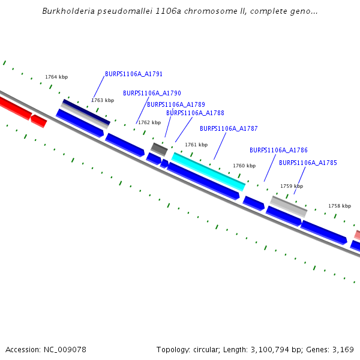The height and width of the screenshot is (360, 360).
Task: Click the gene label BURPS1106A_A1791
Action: tap(134, 74)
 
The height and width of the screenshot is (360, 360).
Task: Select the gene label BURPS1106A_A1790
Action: tap(152, 94)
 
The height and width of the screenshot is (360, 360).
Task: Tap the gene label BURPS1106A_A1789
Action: tap(176, 104)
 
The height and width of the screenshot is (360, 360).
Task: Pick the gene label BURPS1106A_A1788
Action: tap(195, 113)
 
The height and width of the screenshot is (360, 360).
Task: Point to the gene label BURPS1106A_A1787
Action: tap(229, 128)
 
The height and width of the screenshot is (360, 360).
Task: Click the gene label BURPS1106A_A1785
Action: tap(308, 163)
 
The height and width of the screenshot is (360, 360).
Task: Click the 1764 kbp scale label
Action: tap(56, 77)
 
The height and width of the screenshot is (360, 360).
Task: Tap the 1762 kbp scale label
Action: tap(149, 122)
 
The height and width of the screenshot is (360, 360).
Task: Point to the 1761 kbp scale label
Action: tap(196, 145)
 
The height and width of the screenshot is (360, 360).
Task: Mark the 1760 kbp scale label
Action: tap(244, 166)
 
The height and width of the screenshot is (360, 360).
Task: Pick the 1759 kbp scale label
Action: tap(292, 186)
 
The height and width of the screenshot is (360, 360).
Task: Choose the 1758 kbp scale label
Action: tap(339, 206)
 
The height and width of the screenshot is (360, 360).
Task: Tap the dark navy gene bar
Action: tap(86, 112)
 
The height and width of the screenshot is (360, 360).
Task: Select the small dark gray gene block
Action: tap(159, 149)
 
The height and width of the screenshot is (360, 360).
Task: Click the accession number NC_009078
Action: tap(66, 349)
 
